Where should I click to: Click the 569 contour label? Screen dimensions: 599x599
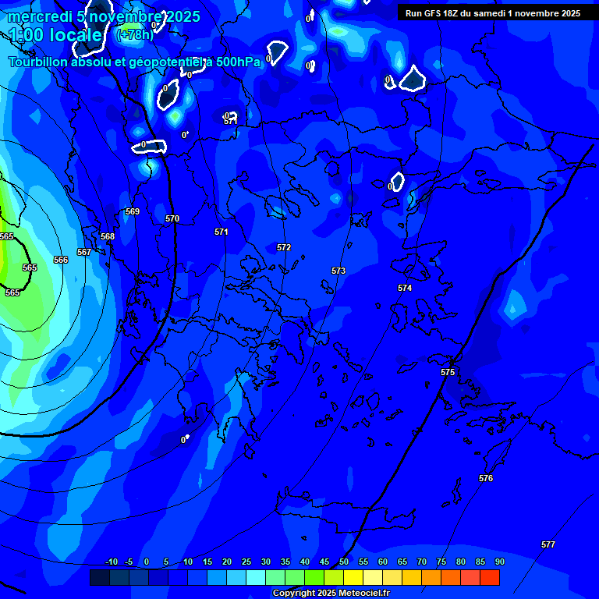(133, 211)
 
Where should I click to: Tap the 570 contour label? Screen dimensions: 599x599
(172, 218)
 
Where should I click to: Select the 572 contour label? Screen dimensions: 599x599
(284, 247)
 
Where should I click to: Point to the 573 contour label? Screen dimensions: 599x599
(338, 271)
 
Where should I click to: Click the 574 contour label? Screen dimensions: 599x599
(405, 288)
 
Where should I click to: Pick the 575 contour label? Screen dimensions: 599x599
(448, 372)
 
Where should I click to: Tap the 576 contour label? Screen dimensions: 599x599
(486, 478)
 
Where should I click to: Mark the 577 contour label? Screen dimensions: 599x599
(548, 544)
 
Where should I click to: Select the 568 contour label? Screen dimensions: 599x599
(108, 236)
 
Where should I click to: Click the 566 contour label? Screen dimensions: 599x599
(61, 260)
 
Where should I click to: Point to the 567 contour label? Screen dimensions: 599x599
(84, 252)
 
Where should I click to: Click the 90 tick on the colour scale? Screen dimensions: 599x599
(499, 562)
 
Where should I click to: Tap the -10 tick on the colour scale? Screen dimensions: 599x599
(112, 562)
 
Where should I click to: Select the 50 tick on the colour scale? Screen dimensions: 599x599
(344, 562)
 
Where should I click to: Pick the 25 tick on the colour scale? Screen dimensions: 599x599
(246, 562)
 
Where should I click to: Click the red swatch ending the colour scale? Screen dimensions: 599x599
(490, 577)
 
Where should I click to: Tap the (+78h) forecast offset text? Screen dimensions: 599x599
(135, 35)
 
